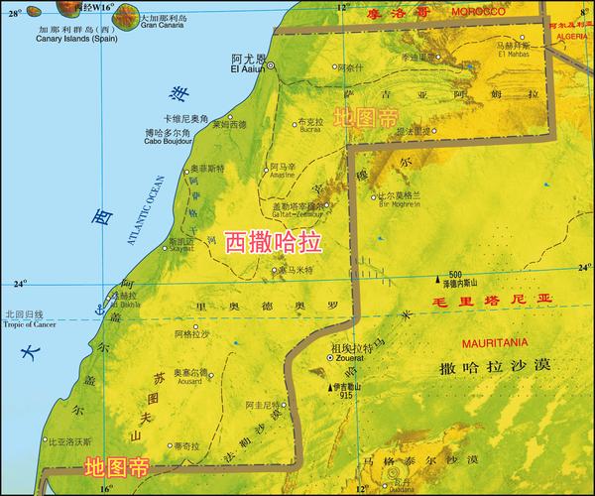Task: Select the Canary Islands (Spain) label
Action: pyautogui.click(x=64, y=27)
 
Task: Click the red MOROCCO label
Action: pyautogui.click(x=476, y=11)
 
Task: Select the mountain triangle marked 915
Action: pyautogui.click(x=330, y=385)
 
